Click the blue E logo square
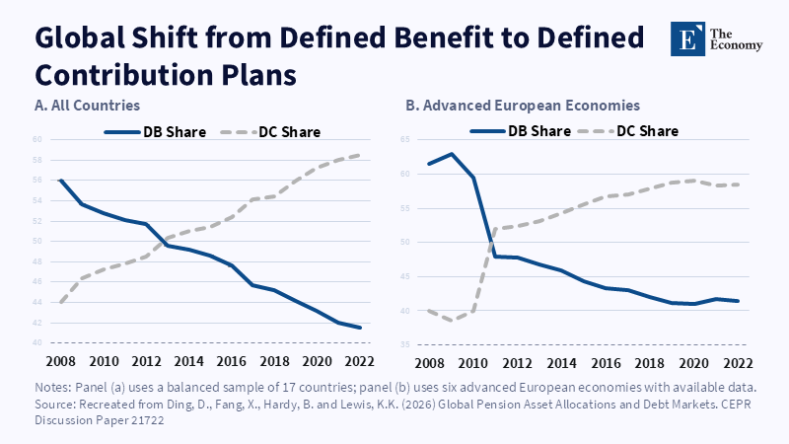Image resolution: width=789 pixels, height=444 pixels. (687, 38)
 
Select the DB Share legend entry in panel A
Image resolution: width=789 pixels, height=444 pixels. (155, 132)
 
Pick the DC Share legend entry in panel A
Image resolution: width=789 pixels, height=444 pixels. (270, 132)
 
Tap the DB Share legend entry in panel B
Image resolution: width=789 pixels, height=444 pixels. (521, 131)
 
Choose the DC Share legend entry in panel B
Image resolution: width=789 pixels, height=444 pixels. (628, 131)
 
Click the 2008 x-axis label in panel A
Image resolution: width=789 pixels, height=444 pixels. (60, 361)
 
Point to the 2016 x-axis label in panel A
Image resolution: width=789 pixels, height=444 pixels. (231, 361)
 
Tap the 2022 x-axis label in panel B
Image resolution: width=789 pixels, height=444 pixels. (738, 363)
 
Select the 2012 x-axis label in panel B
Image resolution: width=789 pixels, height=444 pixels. (517, 363)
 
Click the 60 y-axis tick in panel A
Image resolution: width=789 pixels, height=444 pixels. (37, 139)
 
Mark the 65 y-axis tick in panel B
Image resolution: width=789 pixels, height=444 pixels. (405, 139)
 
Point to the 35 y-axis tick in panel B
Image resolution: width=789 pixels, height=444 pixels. (405, 344)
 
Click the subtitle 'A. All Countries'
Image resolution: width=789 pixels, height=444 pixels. (87, 106)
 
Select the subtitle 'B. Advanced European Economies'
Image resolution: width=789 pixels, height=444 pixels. (523, 106)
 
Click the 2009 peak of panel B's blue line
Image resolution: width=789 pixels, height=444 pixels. (452, 154)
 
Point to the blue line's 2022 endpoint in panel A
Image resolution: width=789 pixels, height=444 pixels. (360, 328)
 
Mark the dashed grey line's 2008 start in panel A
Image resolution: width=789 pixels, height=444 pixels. (60, 303)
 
